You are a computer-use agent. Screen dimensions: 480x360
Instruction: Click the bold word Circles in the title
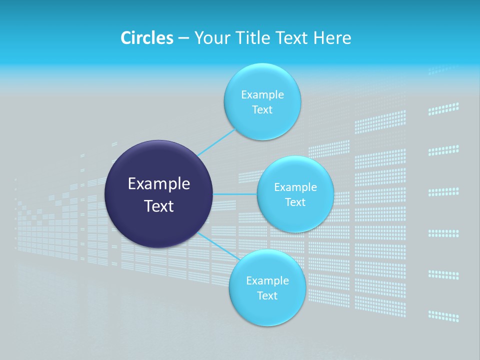click(146, 38)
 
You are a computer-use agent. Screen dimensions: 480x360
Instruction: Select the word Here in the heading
click(332, 38)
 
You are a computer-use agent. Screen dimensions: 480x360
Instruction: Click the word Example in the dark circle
click(159, 184)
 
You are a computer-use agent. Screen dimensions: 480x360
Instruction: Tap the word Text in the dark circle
click(159, 206)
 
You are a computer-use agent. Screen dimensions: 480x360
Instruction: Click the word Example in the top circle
click(262, 94)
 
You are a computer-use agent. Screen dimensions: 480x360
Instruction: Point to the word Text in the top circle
click(262, 110)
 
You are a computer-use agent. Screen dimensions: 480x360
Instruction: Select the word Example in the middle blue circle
click(295, 187)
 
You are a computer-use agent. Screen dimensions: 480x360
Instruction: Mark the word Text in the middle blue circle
click(295, 202)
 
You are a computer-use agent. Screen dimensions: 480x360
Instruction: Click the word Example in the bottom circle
click(267, 280)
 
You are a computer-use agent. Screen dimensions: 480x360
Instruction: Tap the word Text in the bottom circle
click(267, 296)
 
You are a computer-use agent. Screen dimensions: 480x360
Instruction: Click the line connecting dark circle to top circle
click(217, 142)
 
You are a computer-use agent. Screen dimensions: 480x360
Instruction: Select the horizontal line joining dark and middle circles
click(235, 194)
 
